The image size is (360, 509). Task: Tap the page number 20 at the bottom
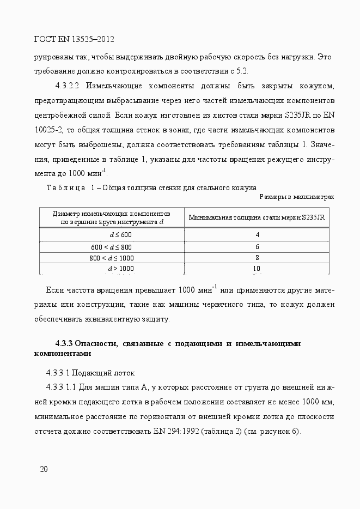[44, 469]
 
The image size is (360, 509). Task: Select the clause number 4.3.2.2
[68, 86]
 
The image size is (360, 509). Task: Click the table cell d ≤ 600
[120, 235]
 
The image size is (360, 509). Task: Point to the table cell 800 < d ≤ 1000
[112, 258]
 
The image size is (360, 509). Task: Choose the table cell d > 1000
[120, 269]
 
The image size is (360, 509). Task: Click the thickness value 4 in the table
[257, 235]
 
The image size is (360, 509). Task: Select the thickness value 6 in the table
[257, 247]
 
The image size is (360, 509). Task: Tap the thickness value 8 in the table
[257, 258]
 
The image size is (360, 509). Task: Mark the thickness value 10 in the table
[257, 269]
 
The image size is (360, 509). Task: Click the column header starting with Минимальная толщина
[257, 217]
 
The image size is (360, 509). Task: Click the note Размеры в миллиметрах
[296, 197]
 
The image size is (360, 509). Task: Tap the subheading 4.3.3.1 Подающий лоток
[90, 373]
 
